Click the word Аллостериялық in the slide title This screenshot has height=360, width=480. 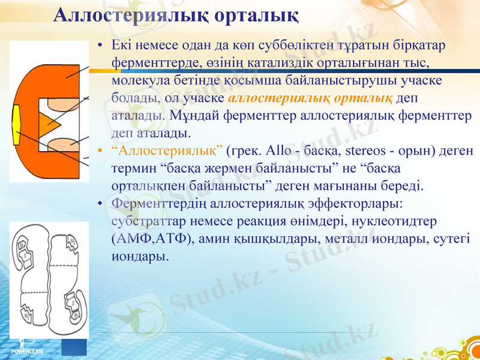click(124, 15)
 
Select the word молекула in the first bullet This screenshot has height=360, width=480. click(139, 79)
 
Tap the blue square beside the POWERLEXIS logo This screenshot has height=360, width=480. click(75, 347)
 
